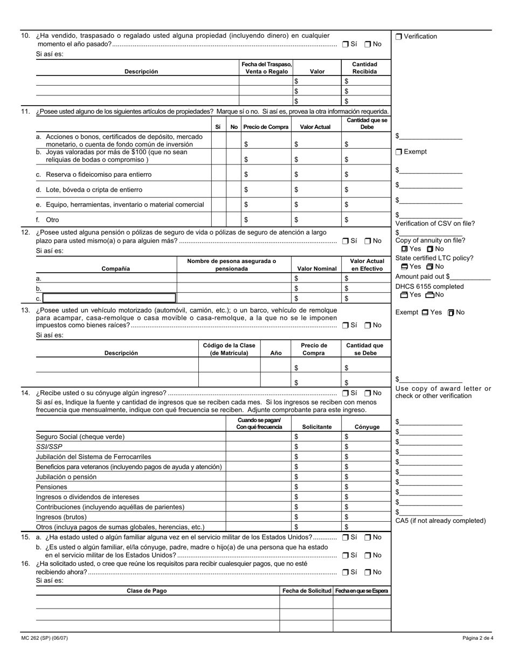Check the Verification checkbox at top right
tap(399, 37)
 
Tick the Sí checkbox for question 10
tap(345, 44)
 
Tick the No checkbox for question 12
tap(368, 241)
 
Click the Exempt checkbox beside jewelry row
tap(399, 152)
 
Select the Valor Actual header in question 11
tap(315, 127)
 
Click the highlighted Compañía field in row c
tap(109, 298)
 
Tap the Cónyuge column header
tap(366, 427)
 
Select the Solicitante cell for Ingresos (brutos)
tap(316, 517)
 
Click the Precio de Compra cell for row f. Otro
tap(266, 220)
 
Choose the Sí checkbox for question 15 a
tap(345, 537)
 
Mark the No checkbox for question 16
tap(368, 572)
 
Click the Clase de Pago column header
tap(147, 591)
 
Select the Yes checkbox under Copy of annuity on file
tap(405, 249)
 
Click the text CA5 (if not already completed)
tap(440, 521)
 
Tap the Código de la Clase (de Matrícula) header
tap(229, 349)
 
